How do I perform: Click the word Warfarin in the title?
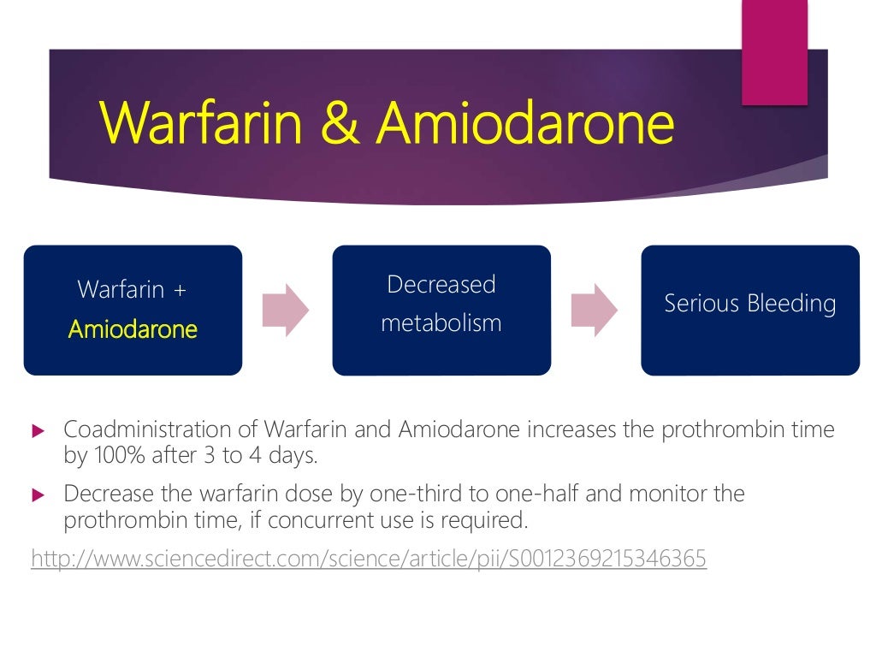202,125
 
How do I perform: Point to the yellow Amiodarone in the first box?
133,329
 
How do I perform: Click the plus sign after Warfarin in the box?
179,289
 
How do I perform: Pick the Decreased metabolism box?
441,310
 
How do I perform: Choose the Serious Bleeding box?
750,310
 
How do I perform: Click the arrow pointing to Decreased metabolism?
286,310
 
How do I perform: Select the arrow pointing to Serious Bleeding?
595,310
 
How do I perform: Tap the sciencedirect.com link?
369,559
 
